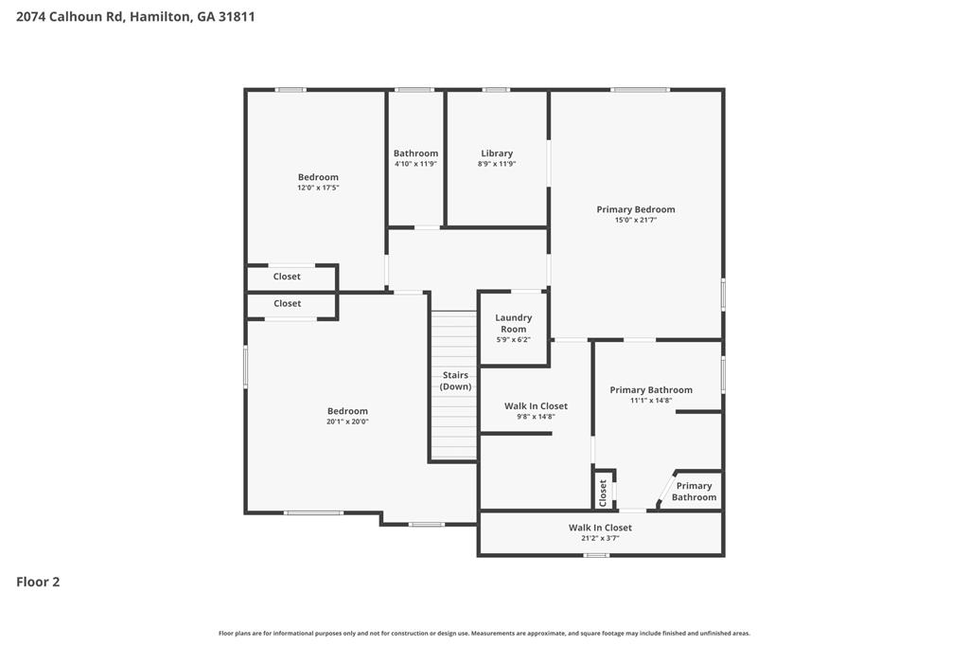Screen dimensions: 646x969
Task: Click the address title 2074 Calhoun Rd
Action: tap(135, 16)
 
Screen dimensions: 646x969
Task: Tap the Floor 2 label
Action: tap(38, 582)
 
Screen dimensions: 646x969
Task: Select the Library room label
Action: tap(496, 153)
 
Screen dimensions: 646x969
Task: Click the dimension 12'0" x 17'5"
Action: tap(318, 188)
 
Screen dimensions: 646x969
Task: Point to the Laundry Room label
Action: tap(513, 323)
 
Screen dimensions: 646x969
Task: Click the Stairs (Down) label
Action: tap(455, 381)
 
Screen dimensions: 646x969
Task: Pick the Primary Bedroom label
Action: tap(635, 209)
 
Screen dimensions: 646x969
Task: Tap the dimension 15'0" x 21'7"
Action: tap(635, 220)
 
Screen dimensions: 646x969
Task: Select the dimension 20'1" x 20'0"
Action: tap(347, 422)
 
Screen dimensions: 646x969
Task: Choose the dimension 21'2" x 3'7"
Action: tap(600, 538)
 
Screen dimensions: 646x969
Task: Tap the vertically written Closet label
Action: tap(603, 492)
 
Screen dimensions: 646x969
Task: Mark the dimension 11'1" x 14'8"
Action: tap(650, 401)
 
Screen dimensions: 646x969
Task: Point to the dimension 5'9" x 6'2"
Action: tap(513, 339)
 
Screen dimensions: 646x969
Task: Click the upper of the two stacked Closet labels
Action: tap(287, 277)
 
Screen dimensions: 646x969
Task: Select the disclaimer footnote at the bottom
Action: tap(484, 633)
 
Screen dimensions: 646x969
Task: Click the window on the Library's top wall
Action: tap(496, 90)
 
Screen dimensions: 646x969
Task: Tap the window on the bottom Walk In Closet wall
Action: tap(595, 554)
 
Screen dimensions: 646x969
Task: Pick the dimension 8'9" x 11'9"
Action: tap(496, 164)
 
